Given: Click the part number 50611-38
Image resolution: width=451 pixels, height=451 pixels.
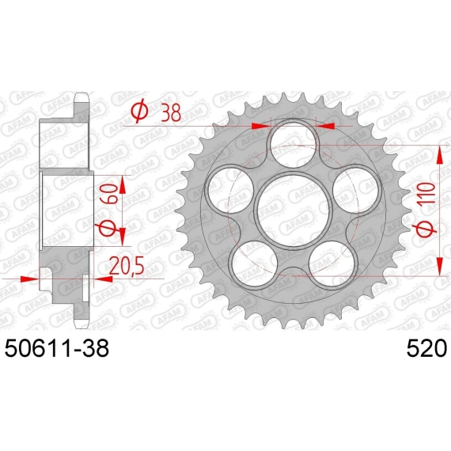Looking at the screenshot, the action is (x=57, y=347).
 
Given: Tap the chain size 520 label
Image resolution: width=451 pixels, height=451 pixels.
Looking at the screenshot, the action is (x=426, y=347).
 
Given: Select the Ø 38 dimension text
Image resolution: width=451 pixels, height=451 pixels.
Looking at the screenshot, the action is (x=156, y=112).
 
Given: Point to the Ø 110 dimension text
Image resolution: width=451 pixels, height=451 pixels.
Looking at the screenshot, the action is (x=427, y=210).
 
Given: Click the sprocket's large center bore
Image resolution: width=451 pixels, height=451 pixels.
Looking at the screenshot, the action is (x=294, y=210).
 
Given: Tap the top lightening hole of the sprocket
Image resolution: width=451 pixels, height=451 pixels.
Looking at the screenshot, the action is (x=294, y=145).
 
